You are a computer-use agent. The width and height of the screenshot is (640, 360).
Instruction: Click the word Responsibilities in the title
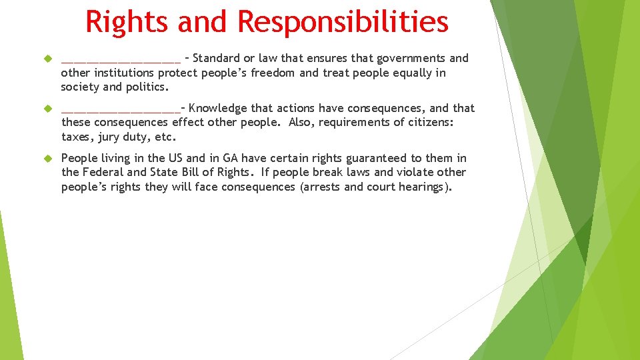click(x=343, y=21)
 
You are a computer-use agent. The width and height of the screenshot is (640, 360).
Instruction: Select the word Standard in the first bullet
click(x=219, y=59)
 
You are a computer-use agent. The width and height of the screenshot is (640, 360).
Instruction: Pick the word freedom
click(x=273, y=73)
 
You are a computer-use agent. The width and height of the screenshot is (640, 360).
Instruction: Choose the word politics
click(x=147, y=87)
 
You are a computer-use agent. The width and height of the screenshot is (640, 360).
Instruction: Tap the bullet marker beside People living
click(x=47, y=159)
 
